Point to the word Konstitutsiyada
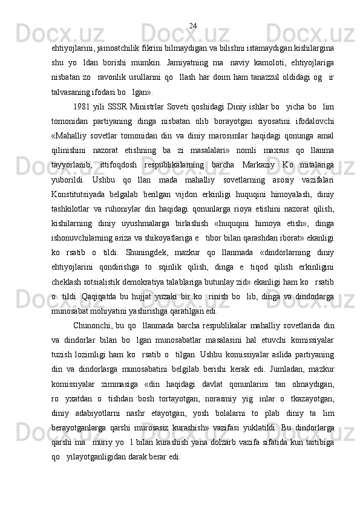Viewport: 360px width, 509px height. pos(77,209)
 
